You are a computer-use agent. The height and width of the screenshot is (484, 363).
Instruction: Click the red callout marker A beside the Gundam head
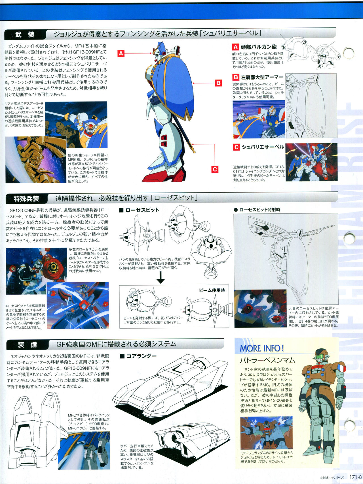coord(121,53)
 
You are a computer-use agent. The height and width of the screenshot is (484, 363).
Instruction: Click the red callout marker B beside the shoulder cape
coord(218,83)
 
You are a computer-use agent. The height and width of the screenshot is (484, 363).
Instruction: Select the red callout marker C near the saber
coord(215,169)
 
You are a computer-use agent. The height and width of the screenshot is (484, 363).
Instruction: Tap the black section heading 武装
coord(25,35)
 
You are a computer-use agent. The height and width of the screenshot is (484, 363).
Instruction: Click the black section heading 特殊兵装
coord(26,199)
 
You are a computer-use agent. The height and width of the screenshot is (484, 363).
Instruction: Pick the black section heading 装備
coord(27,345)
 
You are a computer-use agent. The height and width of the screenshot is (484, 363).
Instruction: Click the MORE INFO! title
coord(262,348)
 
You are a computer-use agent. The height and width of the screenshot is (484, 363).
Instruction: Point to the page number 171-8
coord(355,477)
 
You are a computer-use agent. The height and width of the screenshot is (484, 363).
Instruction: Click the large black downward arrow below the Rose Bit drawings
coord(161,278)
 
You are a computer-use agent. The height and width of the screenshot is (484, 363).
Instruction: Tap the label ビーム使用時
coord(212,290)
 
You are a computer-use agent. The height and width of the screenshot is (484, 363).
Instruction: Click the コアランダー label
coord(138,356)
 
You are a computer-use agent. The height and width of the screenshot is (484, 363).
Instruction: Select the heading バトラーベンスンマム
coord(267,360)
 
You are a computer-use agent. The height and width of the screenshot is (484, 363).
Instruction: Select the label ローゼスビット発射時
coord(257,210)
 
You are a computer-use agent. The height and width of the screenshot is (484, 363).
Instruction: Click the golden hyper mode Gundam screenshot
coord(36,160)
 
